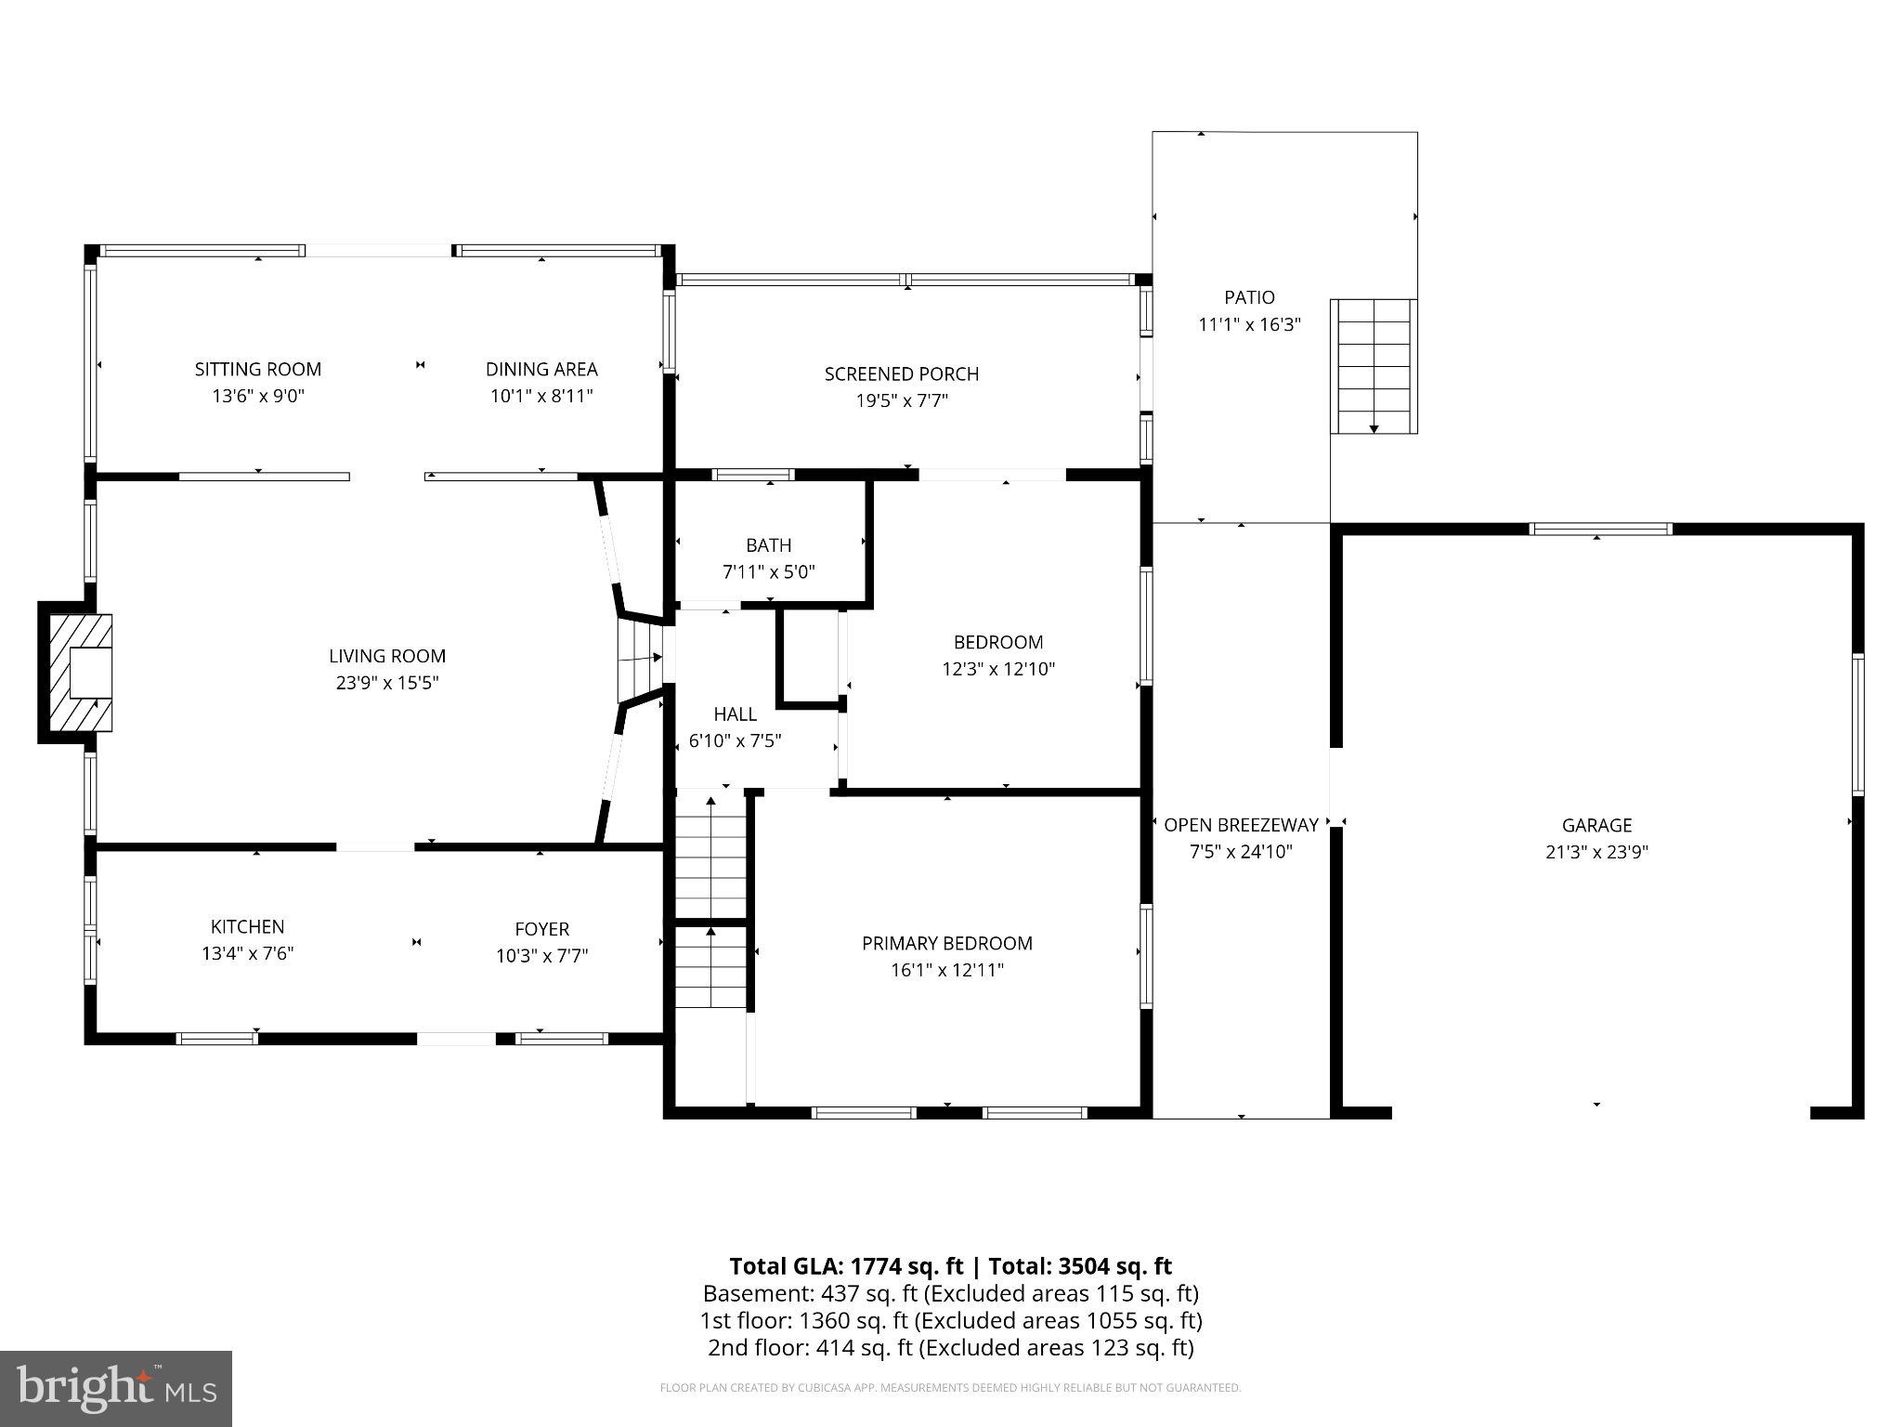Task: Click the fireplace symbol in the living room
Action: (x=76, y=673)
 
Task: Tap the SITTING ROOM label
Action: (x=258, y=369)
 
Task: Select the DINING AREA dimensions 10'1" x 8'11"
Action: (x=541, y=397)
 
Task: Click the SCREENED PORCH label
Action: (x=902, y=373)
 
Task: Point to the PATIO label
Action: (x=1249, y=297)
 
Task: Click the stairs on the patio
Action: (x=1374, y=366)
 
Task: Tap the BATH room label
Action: (x=769, y=545)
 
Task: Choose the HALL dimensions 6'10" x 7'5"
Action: (x=735, y=741)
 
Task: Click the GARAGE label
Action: (x=1596, y=825)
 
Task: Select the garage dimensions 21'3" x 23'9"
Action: (x=1596, y=852)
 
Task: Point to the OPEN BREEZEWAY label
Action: (x=1242, y=825)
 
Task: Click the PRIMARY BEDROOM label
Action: (x=947, y=943)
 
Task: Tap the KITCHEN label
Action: (x=248, y=926)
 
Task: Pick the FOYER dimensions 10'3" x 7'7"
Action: (x=542, y=956)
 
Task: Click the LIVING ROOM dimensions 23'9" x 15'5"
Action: (x=387, y=683)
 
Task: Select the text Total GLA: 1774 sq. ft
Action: (x=848, y=1266)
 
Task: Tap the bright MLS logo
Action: (x=116, y=1389)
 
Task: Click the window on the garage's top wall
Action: (x=1600, y=530)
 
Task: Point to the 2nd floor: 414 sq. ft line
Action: (x=951, y=1347)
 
